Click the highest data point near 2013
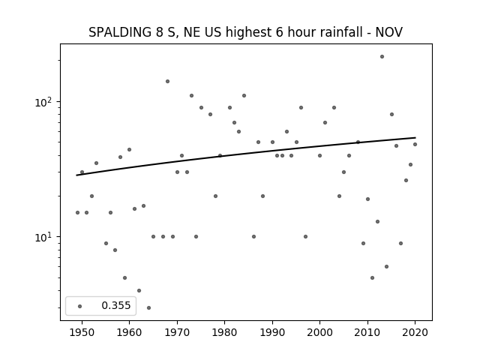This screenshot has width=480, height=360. (382, 57)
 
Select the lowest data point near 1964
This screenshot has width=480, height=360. (148, 307)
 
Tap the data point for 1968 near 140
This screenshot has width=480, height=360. (167, 81)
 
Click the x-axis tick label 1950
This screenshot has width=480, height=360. (82, 332)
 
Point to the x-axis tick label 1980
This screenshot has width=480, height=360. (224, 332)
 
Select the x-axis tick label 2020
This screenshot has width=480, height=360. (415, 332)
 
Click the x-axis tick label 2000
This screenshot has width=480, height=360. (319, 332)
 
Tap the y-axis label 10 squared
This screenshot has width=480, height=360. (43, 102)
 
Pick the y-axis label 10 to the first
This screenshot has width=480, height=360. (43, 237)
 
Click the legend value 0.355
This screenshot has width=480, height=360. (116, 305)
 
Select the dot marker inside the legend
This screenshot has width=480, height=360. (79, 306)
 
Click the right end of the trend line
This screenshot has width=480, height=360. (415, 137)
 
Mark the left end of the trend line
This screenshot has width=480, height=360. (76, 175)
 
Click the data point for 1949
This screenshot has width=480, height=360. (77, 212)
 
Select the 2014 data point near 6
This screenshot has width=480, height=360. (386, 267)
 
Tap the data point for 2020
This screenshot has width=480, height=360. (415, 144)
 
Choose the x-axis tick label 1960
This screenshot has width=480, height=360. (129, 332)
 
